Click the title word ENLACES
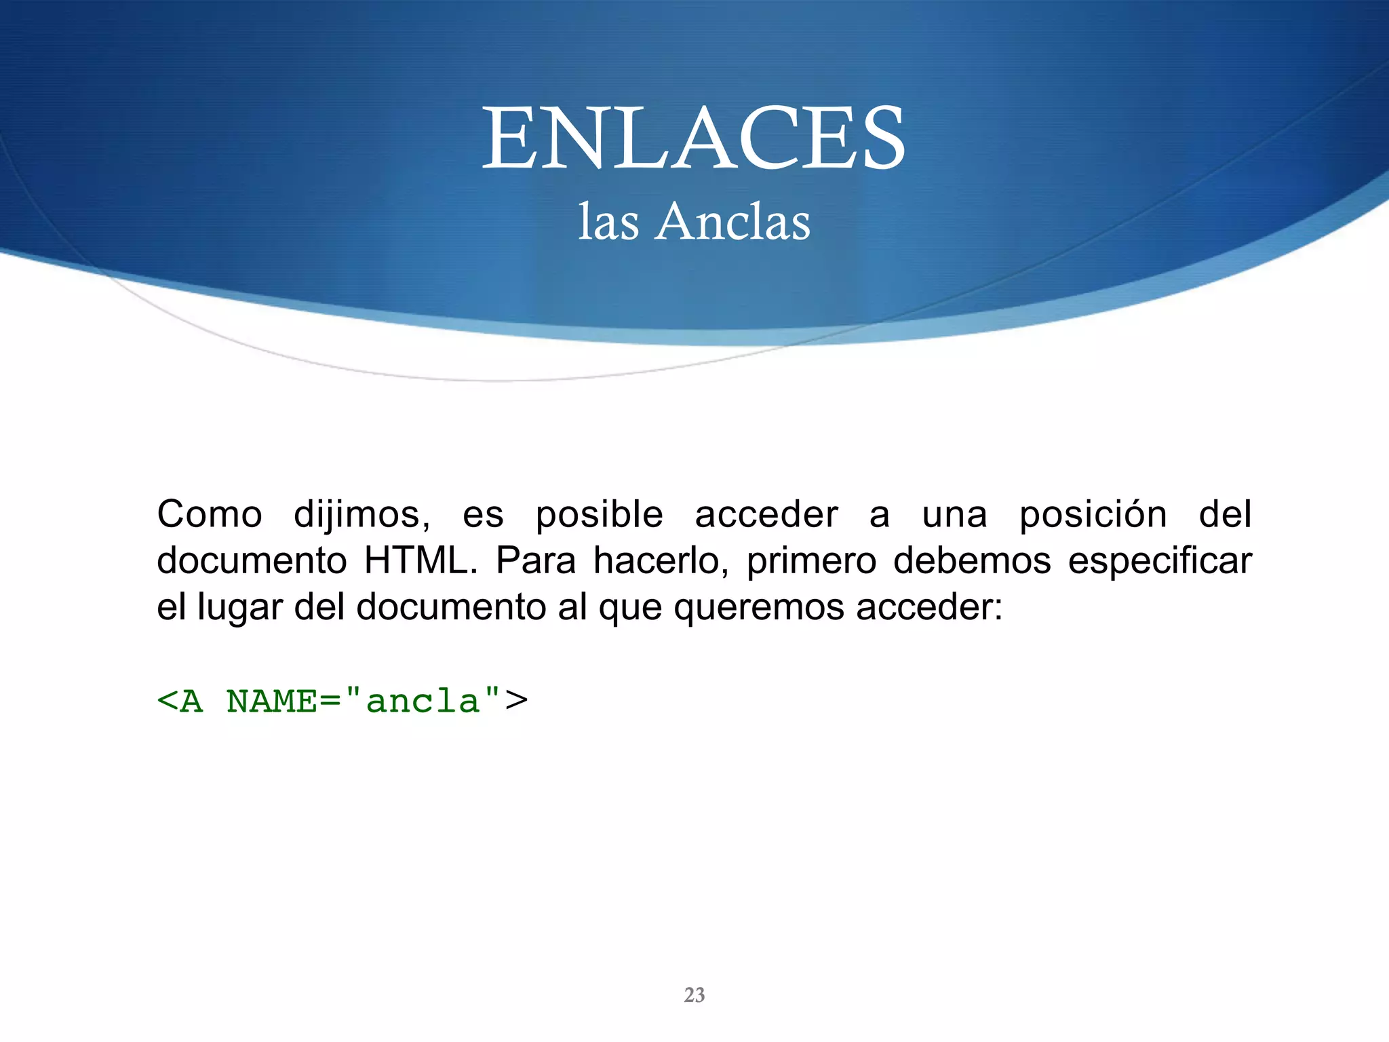click(693, 138)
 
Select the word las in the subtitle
click(608, 222)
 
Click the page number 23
click(694, 995)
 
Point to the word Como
click(210, 514)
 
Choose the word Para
click(536, 561)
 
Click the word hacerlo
click(661, 561)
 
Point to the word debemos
click(972, 561)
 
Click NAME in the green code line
click(272, 701)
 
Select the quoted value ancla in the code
click(423, 701)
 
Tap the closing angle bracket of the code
click(517, 701)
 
